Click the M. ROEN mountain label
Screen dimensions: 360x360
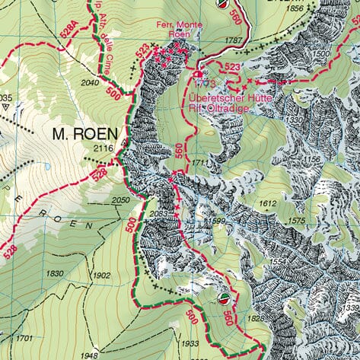[x=84, y=134]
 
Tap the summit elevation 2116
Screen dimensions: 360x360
[x=101, y=149]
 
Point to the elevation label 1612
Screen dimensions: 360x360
[x=266, y=204]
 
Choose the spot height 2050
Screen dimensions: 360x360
[x=121, y=199]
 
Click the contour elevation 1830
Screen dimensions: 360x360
[x=55, y=273]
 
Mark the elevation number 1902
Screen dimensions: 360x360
[x=99, y=276]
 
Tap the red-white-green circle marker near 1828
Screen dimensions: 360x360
[x=223, y=298]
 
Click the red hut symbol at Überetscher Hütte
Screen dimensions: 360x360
[x=199, y=75]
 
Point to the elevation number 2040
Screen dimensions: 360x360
[x=90, y=82]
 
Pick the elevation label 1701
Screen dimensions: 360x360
[x=24, y=337]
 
